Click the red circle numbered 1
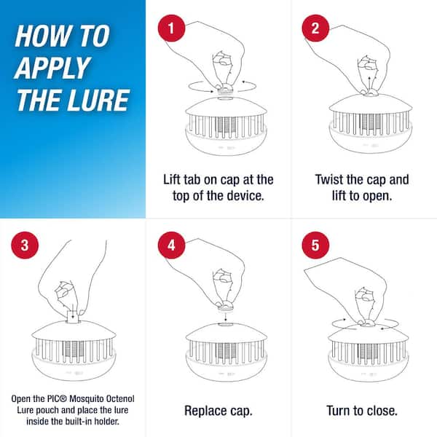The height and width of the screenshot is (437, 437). [171, 28]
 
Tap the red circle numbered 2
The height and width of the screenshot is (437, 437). [315, 28]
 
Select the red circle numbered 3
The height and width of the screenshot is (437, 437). [25, 245]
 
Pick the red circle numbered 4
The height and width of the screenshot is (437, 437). [171, 245]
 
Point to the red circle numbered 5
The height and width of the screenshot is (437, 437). [315, 245]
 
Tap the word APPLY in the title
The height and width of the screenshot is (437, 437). [52, 67]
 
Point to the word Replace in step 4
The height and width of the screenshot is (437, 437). [205, 411]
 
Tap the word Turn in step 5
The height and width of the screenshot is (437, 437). [338, 411]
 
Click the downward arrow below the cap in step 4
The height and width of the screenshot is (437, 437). [226, 317]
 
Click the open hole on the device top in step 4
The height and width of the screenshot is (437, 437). [226, 324]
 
